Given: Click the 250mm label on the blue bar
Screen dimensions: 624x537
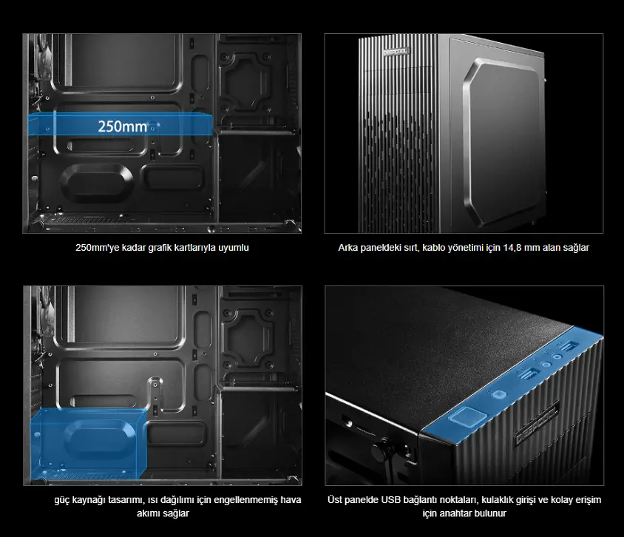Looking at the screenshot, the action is click(123, 126).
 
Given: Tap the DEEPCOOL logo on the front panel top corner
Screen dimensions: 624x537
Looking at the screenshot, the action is click(396, 51).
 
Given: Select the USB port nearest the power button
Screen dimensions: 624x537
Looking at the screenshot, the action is click(529, 374).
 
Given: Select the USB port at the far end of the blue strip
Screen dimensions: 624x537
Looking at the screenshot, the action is click(568, 346).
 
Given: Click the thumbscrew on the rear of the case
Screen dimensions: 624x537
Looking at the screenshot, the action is click(381, 450).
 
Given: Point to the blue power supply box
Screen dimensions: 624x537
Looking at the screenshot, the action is click(88, 443).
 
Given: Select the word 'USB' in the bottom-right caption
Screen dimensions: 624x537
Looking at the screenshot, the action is click(390, 499).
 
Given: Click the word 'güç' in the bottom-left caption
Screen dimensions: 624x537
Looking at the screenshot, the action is click(62, 500).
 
